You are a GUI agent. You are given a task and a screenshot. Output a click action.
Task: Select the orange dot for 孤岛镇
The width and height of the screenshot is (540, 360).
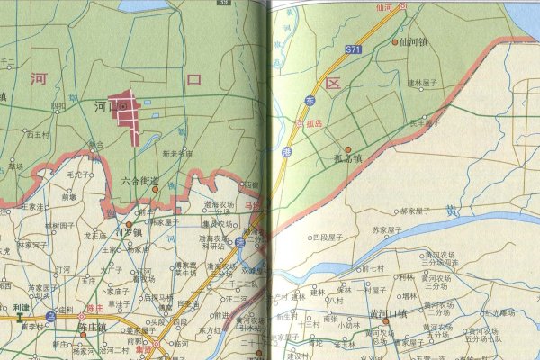coord(348,148)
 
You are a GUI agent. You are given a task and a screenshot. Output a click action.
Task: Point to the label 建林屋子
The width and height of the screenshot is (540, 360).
coord(421,83)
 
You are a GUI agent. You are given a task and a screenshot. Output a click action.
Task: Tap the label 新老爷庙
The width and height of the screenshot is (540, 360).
coord(177,153)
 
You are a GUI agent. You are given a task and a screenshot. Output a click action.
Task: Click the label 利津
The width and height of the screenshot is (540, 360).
coord(21,308)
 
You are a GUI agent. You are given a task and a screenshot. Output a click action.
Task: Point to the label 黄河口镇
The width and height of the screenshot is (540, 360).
coord(388,313)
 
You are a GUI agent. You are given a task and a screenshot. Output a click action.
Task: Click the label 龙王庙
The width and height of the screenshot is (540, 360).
coord(96,235)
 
